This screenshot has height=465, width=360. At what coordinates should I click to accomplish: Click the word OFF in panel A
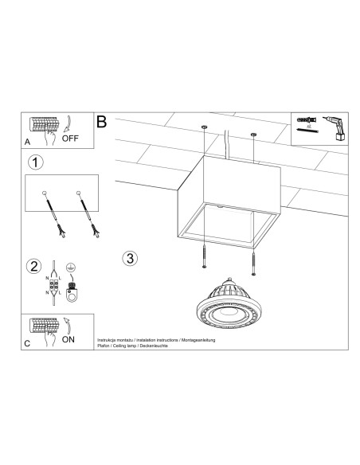pyautogui.click(x=71, y=136)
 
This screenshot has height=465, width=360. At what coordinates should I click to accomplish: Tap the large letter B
pyautogui.click(x=102, y=122)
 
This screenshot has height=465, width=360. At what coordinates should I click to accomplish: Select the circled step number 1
pyautogui.click(x=34, y=162)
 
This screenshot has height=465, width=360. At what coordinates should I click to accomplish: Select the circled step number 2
pyautogui.click(x=33, y=265)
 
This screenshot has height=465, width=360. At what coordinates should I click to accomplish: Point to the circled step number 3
pyautogui.click(x=131, y=257)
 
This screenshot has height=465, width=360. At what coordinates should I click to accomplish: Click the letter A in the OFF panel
pyautogui.click(x=28, y=143)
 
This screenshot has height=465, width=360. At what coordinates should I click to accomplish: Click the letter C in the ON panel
pyautogui.click(x=28, y=345)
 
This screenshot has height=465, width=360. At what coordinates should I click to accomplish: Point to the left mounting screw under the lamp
pyautogui.click(x=205, y=258)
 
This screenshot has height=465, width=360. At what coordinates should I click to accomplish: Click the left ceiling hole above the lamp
pyautogui.click(x=205, y=127)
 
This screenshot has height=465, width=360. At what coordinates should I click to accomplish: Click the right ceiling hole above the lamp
pyautogui.click(x=254, y=134)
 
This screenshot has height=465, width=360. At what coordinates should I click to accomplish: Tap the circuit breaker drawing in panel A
pyautogui.click(x=44, y=126)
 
